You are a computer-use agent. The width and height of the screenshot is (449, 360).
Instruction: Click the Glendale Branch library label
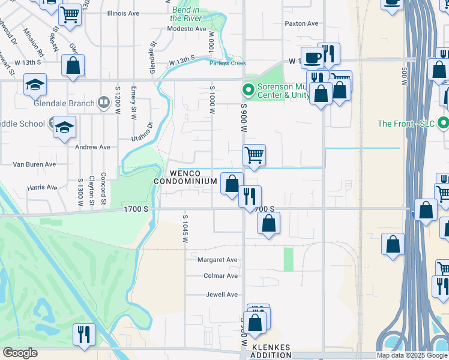(65, 103)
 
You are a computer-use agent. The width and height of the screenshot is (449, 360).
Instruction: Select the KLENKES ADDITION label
(271, 351)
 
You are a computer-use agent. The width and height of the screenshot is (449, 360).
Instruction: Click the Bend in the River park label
(185, 14)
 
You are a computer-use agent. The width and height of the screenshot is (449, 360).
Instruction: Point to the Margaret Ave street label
(218, 260)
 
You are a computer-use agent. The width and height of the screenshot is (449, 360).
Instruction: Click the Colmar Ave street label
(220, 276)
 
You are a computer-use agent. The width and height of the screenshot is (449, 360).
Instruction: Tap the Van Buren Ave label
(34, 164)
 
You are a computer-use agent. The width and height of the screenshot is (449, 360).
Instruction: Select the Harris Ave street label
(42, 187)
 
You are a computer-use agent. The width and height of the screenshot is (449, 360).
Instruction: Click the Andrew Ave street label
(92, 147)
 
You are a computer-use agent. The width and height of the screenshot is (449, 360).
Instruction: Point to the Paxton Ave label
(301, 23)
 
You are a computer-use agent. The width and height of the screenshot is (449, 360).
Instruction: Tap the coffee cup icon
(312, 58)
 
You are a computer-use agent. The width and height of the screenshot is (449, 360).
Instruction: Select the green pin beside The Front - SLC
(444, 124)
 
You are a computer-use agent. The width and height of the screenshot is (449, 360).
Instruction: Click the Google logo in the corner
(20, 353)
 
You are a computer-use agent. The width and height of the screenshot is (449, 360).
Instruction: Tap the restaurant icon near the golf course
(84, 333)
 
